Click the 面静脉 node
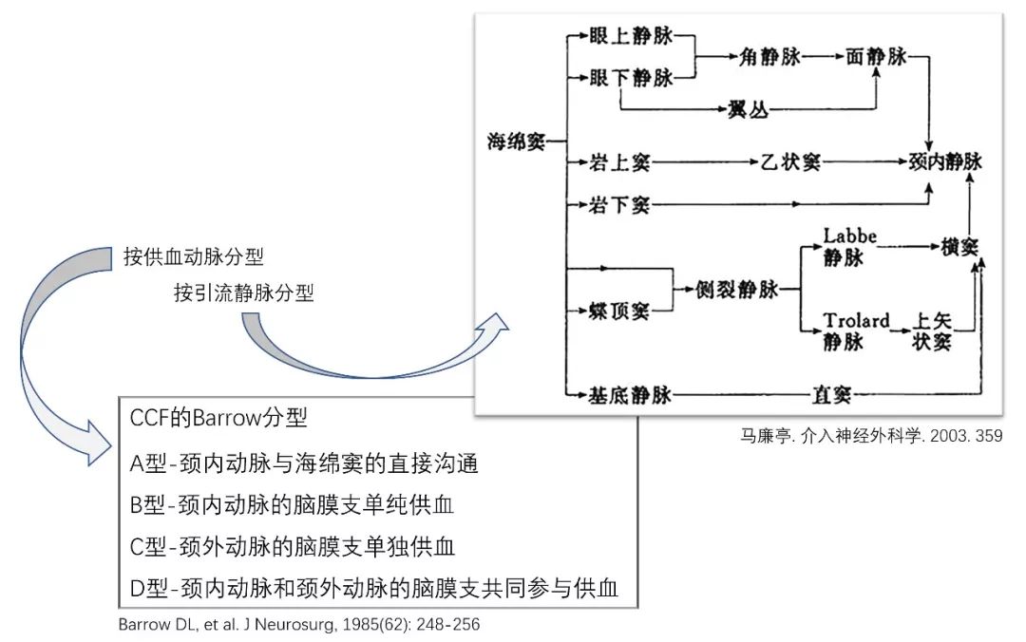[x=876, y=57]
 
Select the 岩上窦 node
[x=620, y=162]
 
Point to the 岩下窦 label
[x=620, y=204]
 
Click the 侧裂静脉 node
[x=737, y=290]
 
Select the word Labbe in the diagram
[x=850, y=235]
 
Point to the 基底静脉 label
[x=631, y=394]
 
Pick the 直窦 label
[x=829, y=394]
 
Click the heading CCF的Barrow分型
[x=219, y=417]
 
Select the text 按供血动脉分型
[x=193, y=257]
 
